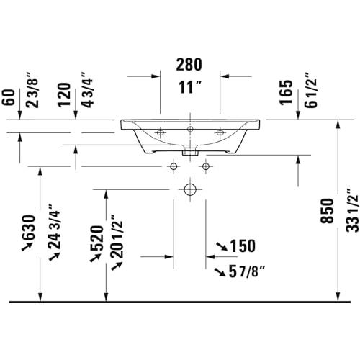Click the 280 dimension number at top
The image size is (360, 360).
189,65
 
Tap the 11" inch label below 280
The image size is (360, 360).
189,87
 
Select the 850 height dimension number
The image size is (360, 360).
328,211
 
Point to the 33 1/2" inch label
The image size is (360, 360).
352,210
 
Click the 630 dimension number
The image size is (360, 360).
29,228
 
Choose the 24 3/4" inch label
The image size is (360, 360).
54,227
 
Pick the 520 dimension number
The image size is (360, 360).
96,238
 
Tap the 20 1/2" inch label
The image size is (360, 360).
117,237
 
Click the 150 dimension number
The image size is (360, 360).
243,246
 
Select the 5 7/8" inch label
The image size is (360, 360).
247,271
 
